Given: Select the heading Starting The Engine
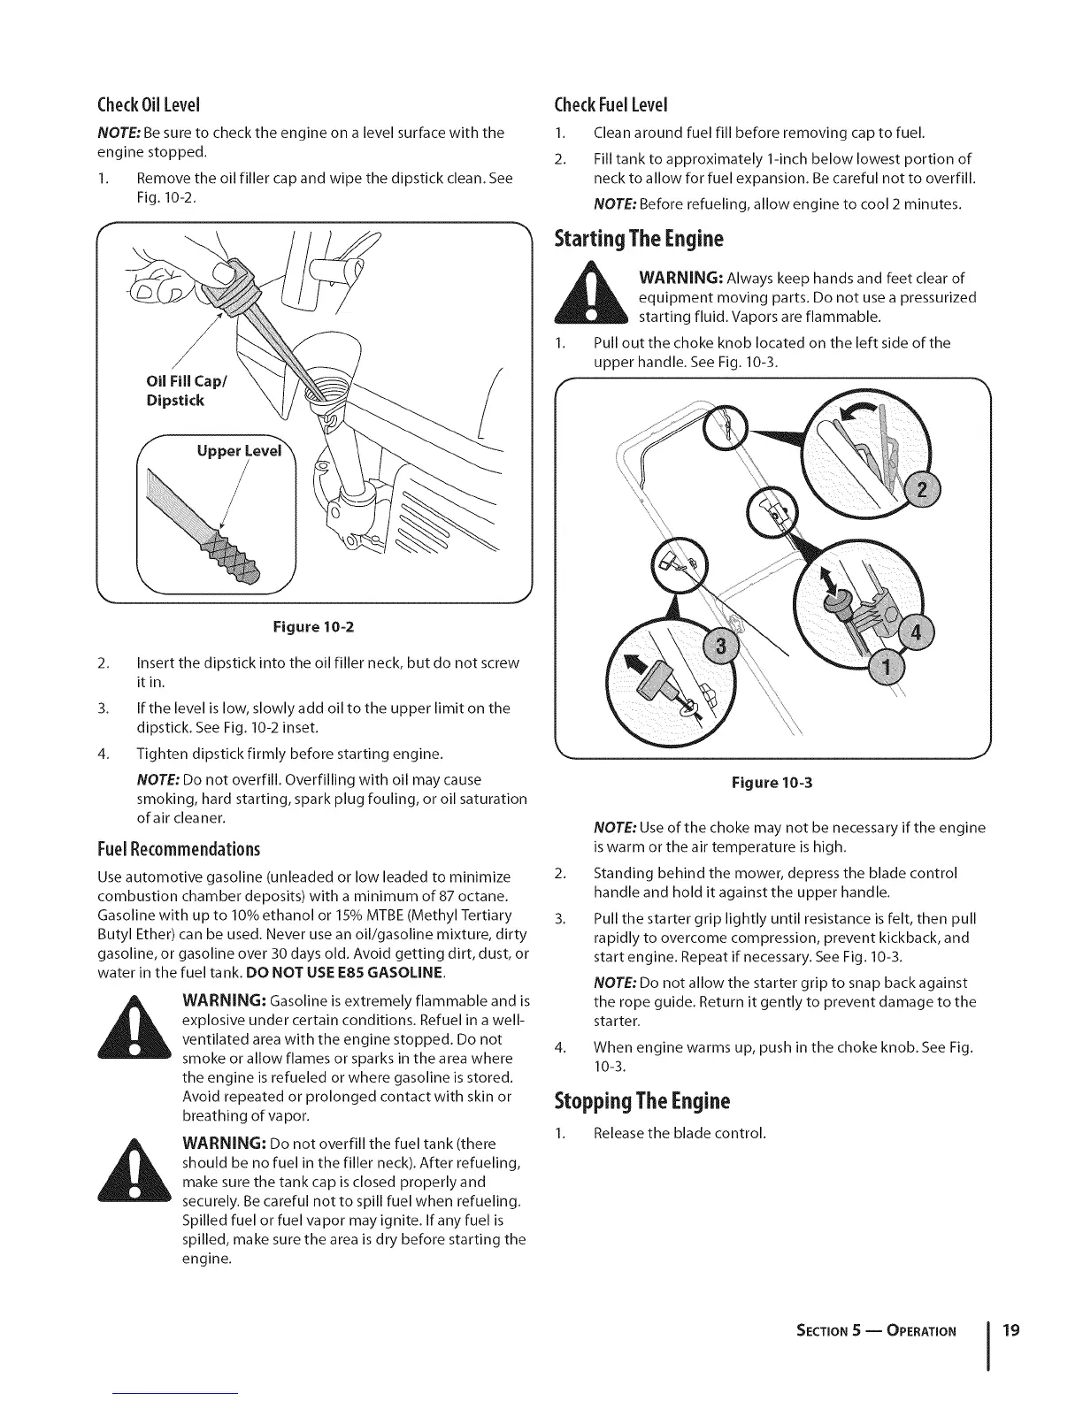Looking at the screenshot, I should click(x=638, y=239).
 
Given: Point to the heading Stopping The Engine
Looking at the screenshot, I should click(x=641, y=1102).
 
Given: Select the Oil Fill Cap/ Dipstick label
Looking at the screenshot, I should click(x=176, y=392).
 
